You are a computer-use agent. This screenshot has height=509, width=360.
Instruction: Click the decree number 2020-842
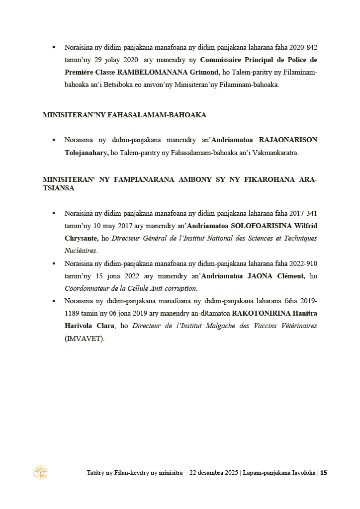coord(303,48)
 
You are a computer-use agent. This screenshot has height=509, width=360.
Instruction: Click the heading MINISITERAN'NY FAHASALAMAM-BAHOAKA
coord(124,115)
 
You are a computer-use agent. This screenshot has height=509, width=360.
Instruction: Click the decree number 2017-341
coord(303,213)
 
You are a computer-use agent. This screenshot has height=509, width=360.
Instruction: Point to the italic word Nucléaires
coord(81,251)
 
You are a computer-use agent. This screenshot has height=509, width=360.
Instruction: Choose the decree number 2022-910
coord(303,263)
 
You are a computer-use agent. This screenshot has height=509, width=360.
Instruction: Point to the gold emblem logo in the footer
coord(40,472)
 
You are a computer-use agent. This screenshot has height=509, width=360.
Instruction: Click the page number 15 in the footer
coord(323,473)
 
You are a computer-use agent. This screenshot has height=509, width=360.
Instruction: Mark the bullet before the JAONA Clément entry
coord(54,263)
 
